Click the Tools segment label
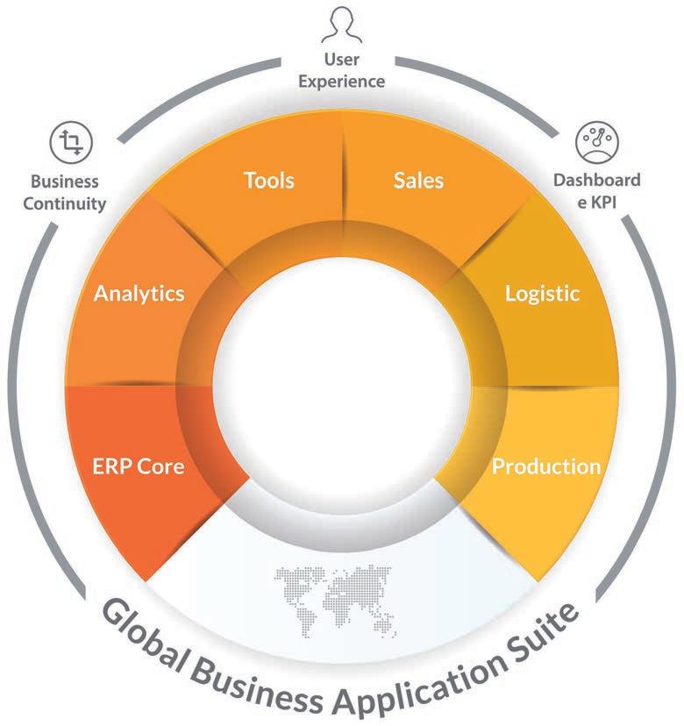pyautogui.click(x=268, y=181)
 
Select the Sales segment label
pyautogui.click(x=418, y=181)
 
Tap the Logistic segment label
pyautogui.click(x=542, y=293)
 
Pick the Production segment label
pyautogui.click(x=545, y=466)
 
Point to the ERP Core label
pyautogui.click(x=139, y=466)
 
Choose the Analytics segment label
pyautogui.click(x=139, y=293)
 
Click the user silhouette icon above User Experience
pyautogui.click(x=342, y=25)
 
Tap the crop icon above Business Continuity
pyautogui.click(x=70, y=142)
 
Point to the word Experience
pyautogui.click(x=342, y=82)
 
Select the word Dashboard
pyautogui.click(x=596, y=181)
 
